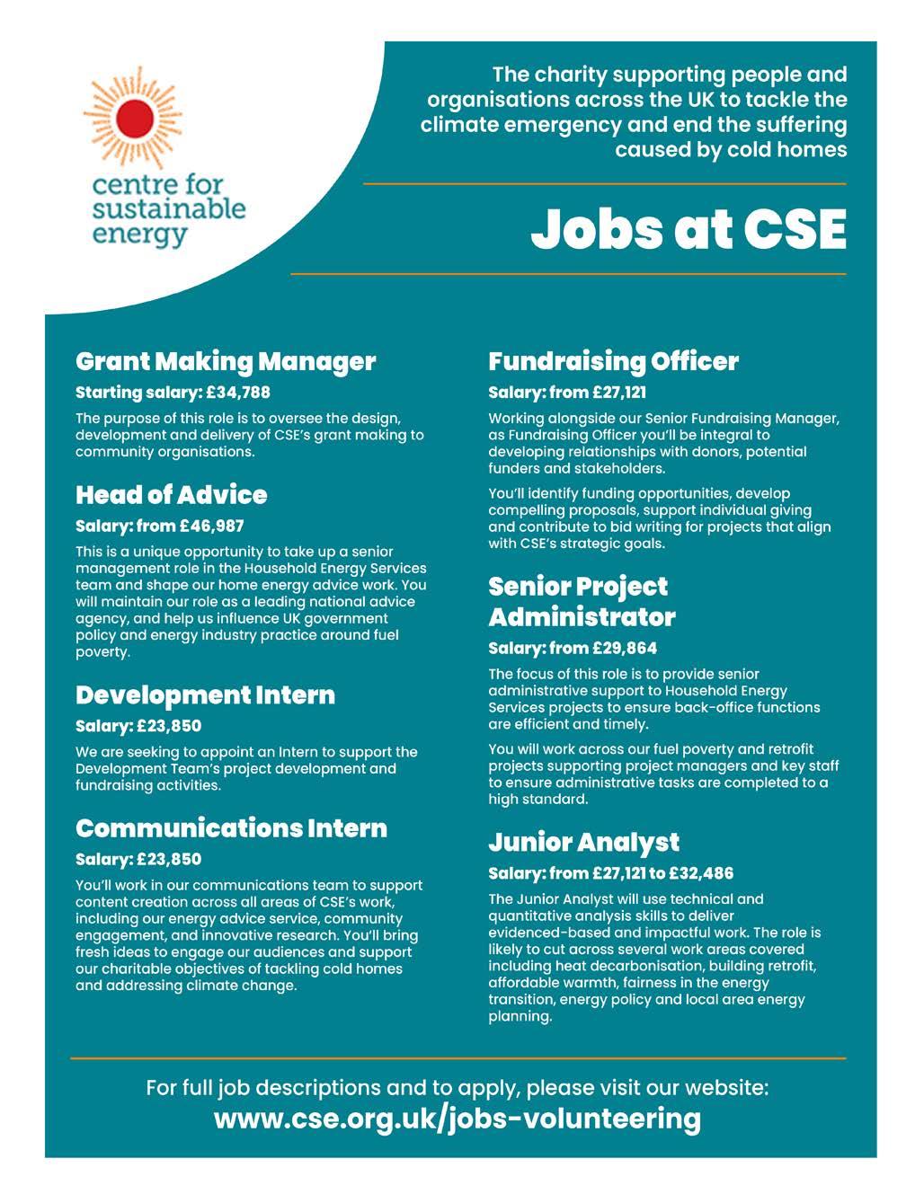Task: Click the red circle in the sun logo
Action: [136, 118]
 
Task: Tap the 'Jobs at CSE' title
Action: [689, 229]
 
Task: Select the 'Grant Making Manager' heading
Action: [226, 361]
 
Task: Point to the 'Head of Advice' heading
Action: [171, 495]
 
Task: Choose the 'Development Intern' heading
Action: [205, 694]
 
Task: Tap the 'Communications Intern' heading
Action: [231, 827]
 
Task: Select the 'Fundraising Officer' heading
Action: [613, 361]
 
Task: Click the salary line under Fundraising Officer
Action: [567, 393]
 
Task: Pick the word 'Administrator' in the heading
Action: [582, 617]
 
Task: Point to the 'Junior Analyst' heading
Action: [583, 842]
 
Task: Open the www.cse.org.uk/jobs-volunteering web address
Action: [457, 1119]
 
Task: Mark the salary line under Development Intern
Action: [138, 726]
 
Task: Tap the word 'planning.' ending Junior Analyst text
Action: [520, 1017]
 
